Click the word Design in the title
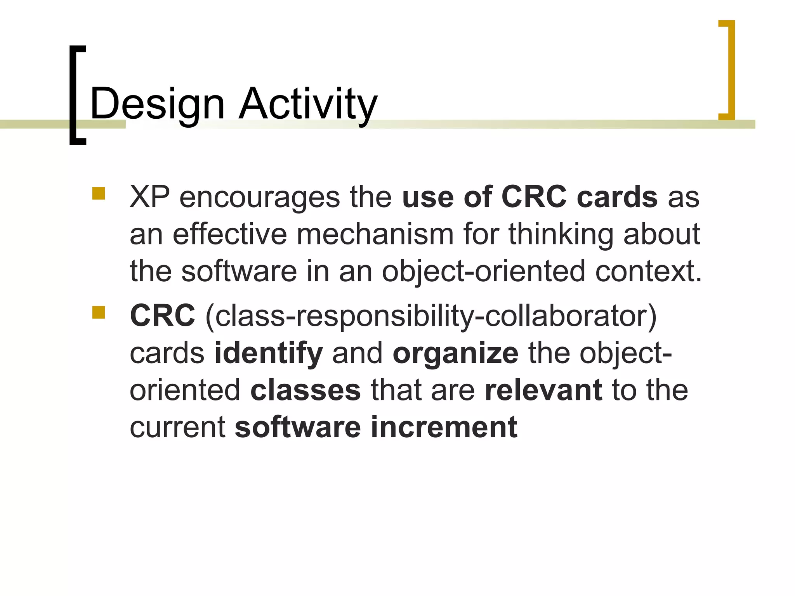coord(157,104)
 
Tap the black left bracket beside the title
coord(74,95)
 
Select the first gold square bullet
coord(99,194)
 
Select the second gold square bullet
coord(99,312)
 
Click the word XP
coord(149,197)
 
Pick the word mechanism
coord(375,234)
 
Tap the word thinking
coord(561,234)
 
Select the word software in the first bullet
coord(239,271)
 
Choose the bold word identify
coord(269,353)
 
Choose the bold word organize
coord(455,353)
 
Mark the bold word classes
coord(306,390)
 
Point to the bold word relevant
coord(543,390)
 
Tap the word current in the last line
coord(177,427)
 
